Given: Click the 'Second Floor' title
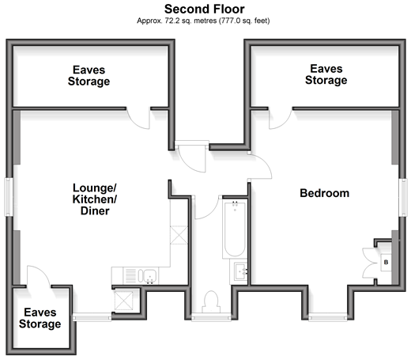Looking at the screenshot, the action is click(x=205, y=9).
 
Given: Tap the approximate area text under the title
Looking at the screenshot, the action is click(x=203, y=21).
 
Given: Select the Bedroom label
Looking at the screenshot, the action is click(x=325, y=193).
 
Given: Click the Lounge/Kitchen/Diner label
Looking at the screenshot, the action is click(x=95, y=199).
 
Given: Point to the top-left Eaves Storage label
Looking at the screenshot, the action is click(x=89, y=76).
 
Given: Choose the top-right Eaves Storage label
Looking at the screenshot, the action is click(x=326, y=74).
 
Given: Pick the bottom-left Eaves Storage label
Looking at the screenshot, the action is click(x=40, y=318).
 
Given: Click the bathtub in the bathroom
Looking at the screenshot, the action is click(x=235, y=229).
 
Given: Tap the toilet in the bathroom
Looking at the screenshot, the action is click(x=211, y=302).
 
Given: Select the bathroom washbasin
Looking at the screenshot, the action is click(x=240, y=272).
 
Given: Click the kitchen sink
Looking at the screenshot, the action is click(x=147, y=276).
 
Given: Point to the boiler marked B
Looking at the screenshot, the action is click(x=386, y=263).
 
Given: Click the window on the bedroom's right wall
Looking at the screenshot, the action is click(x=403, y=198).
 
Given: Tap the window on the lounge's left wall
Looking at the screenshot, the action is click(x=9, y=197).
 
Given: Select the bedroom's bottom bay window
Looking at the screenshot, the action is click(x=328, y=317).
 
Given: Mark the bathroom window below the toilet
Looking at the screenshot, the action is click(x=211, y=317).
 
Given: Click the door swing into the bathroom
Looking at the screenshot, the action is click(x=207, y=207).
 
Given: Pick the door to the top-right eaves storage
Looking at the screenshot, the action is click(x=281, y=118).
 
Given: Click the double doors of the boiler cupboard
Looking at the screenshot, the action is click(x=369, y=263).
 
